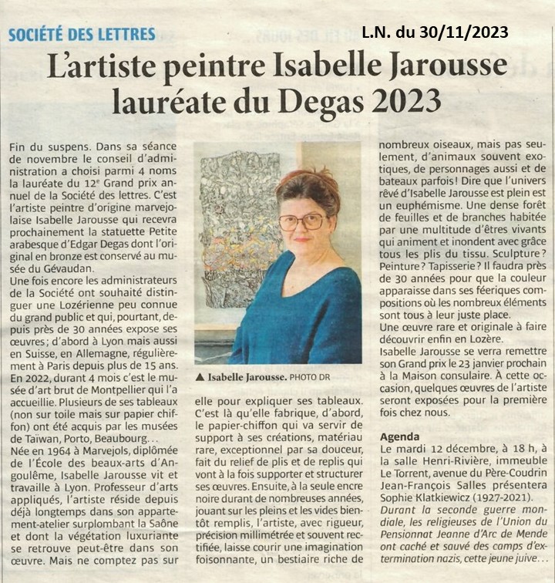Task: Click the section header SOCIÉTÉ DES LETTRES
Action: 82,34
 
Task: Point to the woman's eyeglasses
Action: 303,222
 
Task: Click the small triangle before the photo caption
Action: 200,377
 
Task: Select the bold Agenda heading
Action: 400,436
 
